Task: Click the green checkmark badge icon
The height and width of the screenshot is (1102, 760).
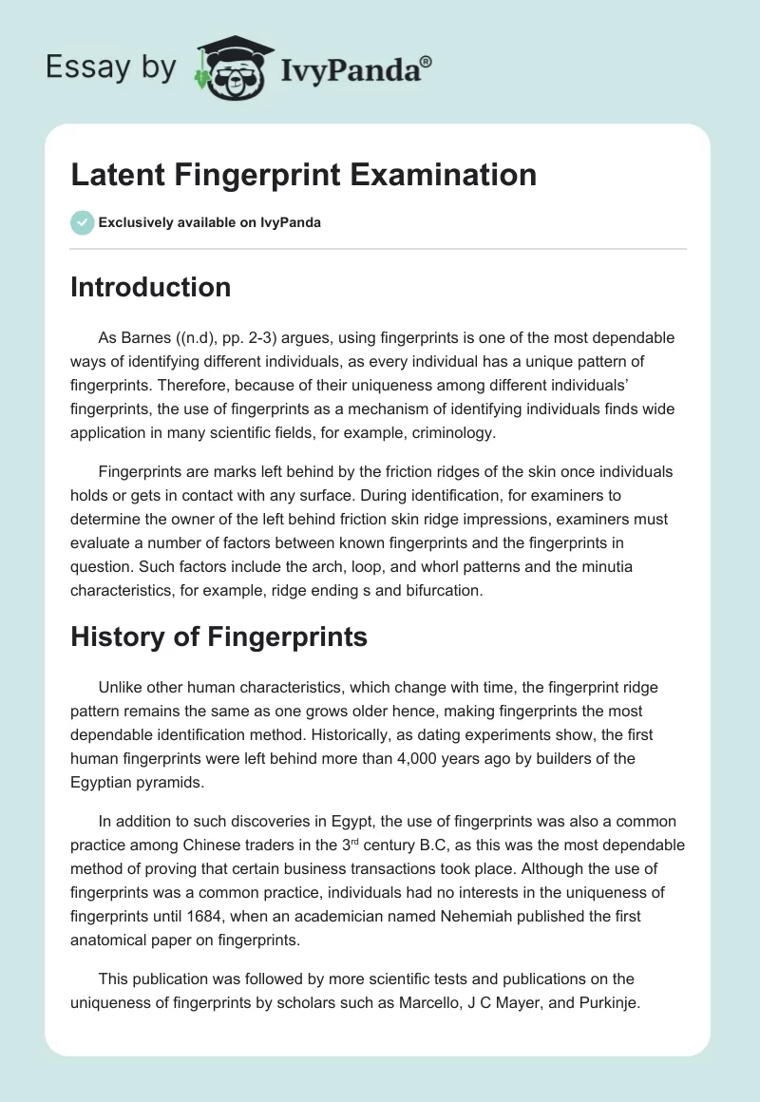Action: click(x=82, y=222)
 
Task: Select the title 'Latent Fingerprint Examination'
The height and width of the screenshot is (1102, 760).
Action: click(x=304, y=175)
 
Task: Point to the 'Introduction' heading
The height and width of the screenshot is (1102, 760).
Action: click(x=151, y=287)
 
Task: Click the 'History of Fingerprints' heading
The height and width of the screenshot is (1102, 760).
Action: click(x=219, y=636)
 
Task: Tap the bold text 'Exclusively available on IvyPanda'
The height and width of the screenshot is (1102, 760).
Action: click(x=210, y=222)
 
